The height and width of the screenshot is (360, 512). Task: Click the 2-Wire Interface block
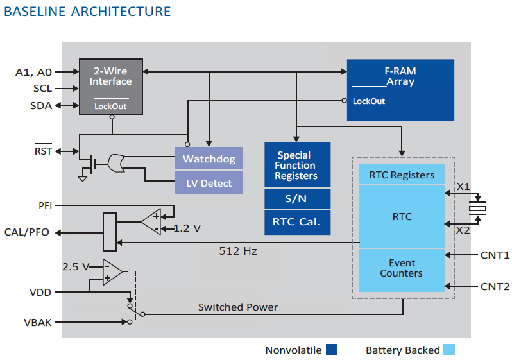(x=111, y=87)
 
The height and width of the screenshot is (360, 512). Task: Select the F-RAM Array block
(x=400, y=89)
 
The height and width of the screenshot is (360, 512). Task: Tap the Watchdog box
(x=209, y=159)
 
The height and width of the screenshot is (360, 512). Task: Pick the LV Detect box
(x=209, y=183)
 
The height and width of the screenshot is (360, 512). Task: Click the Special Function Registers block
(x=297, y=165)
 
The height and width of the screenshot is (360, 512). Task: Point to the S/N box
(x=297, y=199)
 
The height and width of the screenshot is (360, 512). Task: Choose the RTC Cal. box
(x=297, y=223)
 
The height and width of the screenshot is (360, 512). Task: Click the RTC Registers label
(x=402, y=175)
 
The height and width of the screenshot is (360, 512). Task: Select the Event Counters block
(x=402, y=268)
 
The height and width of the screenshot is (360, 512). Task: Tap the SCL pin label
(x=42, y=89)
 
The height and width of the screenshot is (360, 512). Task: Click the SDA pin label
(x=42, y=105)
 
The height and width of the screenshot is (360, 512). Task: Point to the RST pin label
(x=42, y=151)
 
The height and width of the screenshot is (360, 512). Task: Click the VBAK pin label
(x=37, y=321)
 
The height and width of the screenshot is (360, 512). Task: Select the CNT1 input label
(x=495, y=255)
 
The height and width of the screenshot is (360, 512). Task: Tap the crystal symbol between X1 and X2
(x=477, y=208)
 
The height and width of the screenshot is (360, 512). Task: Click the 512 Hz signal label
(x=238, y=252)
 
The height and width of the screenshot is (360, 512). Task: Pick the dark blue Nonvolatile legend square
(x=331, y=350)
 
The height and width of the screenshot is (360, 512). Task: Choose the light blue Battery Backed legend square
(x=449, y=350)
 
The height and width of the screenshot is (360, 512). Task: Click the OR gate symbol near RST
(x=116, y=164)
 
